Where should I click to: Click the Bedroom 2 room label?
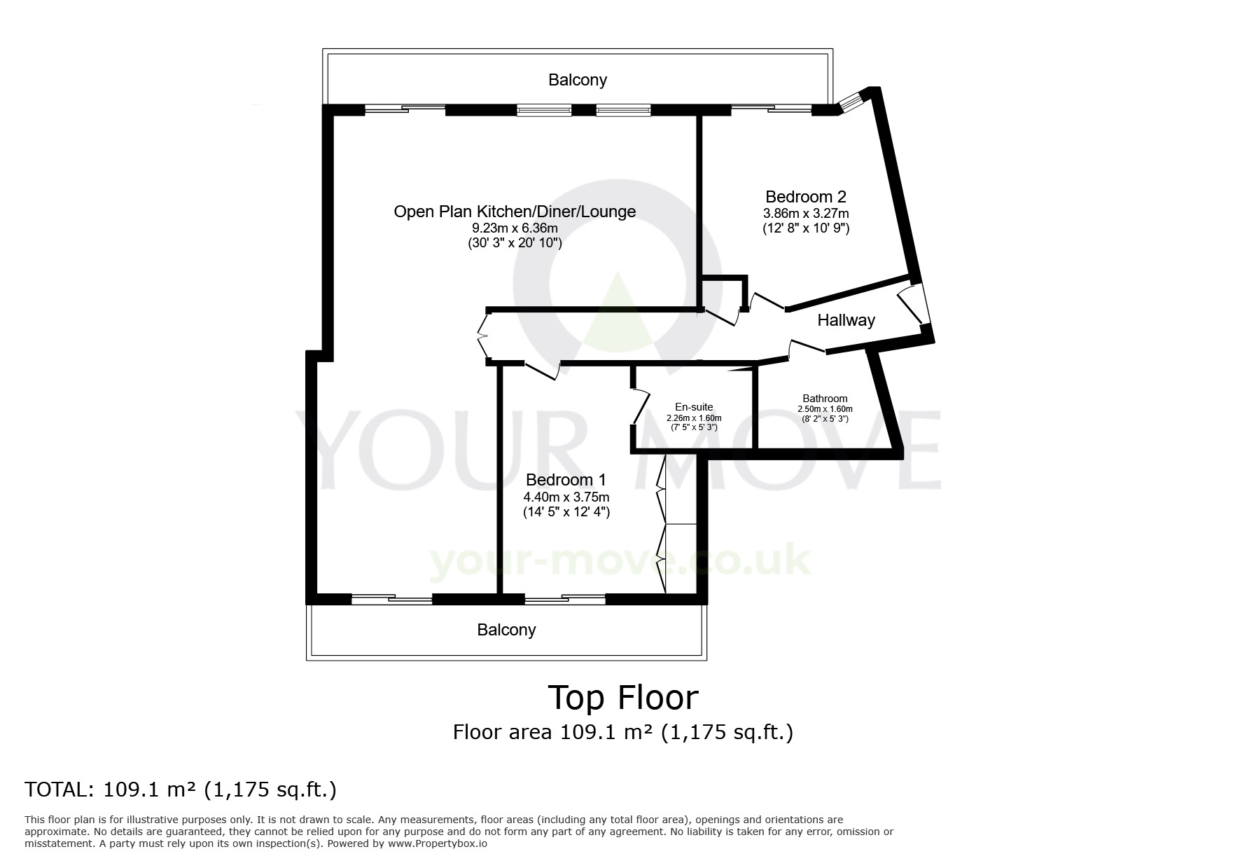[x=805, y=196]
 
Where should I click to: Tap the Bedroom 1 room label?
[x=566, y=480]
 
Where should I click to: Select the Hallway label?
[x=847, y=320]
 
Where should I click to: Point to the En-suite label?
[x=694, y=407]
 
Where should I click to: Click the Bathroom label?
[x=825, y=399]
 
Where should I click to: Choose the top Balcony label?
[x=578, y=80]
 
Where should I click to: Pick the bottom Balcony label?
[x=506, y=630]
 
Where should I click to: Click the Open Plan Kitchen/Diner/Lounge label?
[x=515, y=212]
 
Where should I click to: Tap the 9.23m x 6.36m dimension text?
[x=515, y=228]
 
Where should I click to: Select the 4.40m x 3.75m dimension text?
[x=566, y=497]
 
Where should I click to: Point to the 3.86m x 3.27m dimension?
[x=806, y=213]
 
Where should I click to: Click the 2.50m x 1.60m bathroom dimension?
[x=825, y=409]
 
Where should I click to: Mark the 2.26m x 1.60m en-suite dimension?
[x=694, y=418]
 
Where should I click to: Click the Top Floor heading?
[x=623, y=698]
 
